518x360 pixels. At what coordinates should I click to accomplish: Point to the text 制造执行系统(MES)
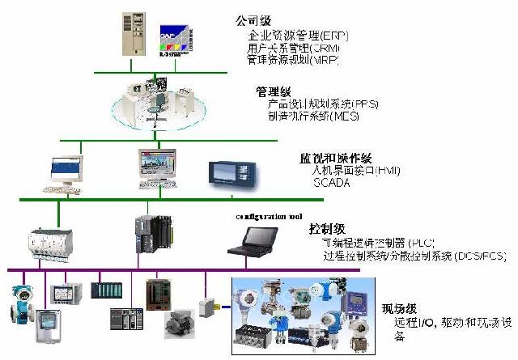[x=313, y=116]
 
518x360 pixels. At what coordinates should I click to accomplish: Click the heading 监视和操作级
[x=329, y=157]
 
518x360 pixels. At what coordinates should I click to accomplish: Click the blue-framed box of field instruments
[x=304, y=312]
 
